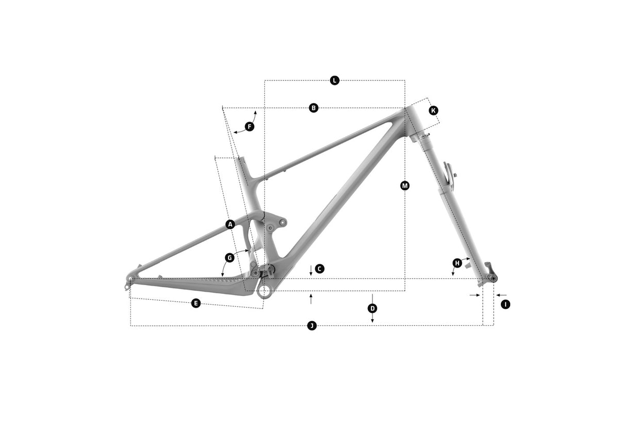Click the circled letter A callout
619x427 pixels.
click(x=230, y=224)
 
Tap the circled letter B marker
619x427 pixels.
click(x=314, y=108)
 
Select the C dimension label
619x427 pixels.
click(x=319, y=269)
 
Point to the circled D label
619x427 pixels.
click(x=372, y=308)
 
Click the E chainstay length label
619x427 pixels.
click(x=196, y=304)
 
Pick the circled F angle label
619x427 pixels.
click(x=249, y=127)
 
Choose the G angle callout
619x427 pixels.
click(x=230, y=258)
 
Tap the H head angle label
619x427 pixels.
click(x=457, y=263)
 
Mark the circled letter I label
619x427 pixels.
click(x=506, y=304)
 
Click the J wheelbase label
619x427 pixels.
click(x=312, y=326)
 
